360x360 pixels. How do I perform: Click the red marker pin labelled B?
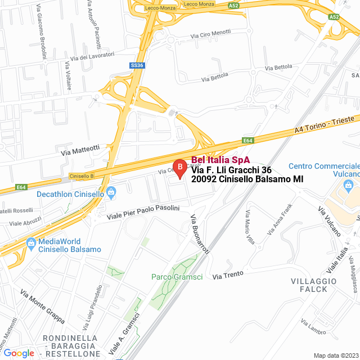coord(179,168)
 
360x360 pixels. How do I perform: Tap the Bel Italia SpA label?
coord(220,160)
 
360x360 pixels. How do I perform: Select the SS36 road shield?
coord(137,65)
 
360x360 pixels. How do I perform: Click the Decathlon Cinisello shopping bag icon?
coord(111,194)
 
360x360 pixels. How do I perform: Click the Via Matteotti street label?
coord(80,149)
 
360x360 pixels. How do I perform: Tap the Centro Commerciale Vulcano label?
coord(323,170)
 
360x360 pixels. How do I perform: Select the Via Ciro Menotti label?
coord(210,34)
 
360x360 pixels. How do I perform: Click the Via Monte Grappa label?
coord(42,306)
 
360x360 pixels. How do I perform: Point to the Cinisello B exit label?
coord(82,177)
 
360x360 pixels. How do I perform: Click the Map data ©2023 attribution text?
coord(336,355)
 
